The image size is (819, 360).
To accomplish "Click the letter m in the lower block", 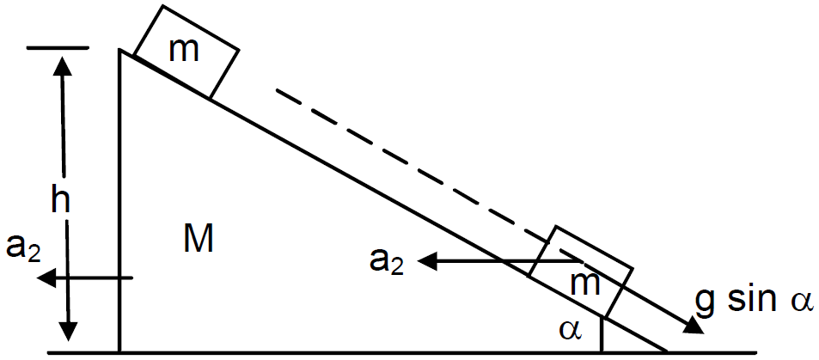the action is click(x=585, y=284).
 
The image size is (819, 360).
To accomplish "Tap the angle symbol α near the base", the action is click(x=571, y=330).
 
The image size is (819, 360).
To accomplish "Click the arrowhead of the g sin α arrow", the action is click(x=694, y=326).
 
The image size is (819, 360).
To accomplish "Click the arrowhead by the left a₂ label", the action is click(x=46, y=278).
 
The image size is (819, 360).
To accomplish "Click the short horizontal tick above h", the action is click(x=58, y=48).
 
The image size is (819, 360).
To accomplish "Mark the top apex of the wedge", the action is click(x=120, y=51).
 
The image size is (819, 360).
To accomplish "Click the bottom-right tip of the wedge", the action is click(x=668, y=351).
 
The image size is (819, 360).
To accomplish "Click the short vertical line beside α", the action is click(x=602, y=334).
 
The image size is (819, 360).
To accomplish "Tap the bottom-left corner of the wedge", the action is click(x=120, y=351).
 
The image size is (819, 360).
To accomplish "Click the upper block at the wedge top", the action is click(x=186, y=52).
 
